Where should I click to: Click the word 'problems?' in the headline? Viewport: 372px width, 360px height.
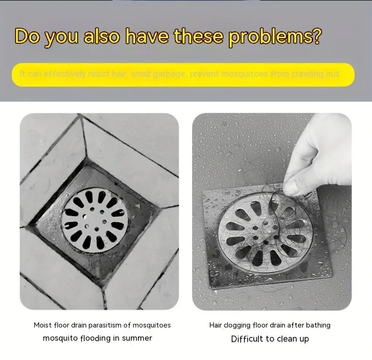coord(275,37)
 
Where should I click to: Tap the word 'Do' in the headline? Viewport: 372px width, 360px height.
coord(27,37)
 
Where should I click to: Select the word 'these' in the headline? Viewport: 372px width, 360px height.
coord(200,37)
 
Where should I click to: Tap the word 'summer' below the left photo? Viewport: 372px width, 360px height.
coord(137,338)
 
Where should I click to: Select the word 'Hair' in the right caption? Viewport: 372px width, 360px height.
coord(216,325)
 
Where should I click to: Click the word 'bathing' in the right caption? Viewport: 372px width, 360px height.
coord(318,325)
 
